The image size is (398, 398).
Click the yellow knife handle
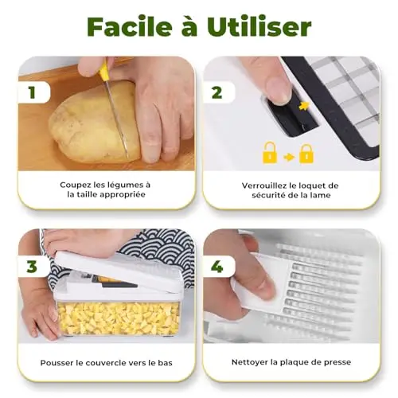[104, 69]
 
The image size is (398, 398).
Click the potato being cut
[94, 123]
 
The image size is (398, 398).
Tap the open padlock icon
[269, 153]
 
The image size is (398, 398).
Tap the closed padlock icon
[306, 154]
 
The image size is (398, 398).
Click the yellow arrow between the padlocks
[288, 158]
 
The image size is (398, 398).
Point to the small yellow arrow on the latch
[304, 106]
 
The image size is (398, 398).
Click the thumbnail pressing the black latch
[279, 89]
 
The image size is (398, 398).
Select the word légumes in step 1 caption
[125, 185]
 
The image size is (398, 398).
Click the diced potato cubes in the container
[118, 318]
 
